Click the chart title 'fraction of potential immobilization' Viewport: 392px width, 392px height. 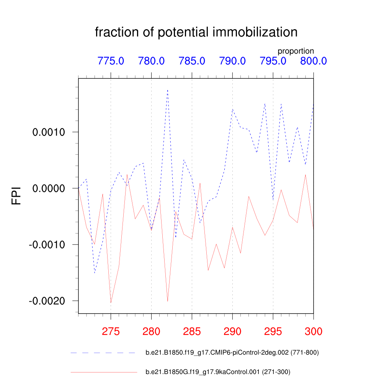point(196,33)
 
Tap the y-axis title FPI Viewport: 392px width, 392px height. point(16,196)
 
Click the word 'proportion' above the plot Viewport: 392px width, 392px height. point(296,51)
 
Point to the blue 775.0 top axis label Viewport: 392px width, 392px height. point(111,61)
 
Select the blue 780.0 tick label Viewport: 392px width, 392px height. point(151,61)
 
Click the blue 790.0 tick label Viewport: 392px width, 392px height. point(232,61)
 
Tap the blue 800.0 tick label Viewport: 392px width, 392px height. point(313,61)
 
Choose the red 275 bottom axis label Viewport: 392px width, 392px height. point(111,332)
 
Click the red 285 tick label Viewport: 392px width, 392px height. point(192,332)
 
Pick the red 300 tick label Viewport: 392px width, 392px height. point(313,332)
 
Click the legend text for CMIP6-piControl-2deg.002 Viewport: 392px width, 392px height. point(232,353)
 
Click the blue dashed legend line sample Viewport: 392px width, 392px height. point(103,353)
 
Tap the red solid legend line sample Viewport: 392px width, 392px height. point(103,372)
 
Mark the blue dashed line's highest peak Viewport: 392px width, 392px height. point(167,90)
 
